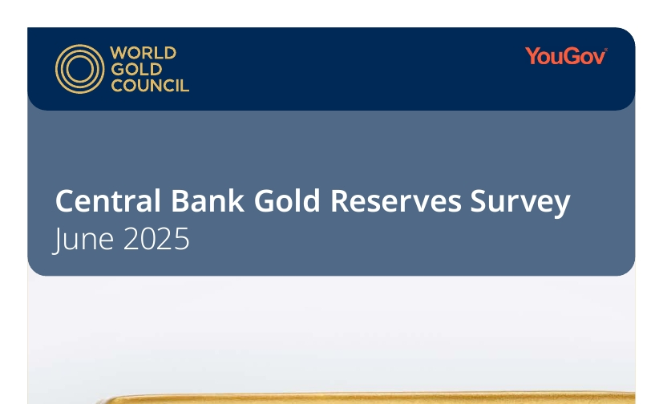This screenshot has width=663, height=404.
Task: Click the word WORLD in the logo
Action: (143, 53)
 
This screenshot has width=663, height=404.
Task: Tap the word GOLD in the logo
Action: (136, 69)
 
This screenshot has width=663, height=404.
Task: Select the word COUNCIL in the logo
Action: (150, 85)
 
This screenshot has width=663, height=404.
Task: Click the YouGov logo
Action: (566, 56)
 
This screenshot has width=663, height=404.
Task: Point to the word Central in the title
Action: (107, 201)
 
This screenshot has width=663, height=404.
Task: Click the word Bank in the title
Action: (207, 201)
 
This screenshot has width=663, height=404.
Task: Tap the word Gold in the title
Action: (287, 201)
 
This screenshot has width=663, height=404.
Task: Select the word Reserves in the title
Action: (395, 201)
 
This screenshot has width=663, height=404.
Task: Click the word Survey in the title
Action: (520, 204)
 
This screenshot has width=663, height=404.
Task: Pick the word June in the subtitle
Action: (83, 240)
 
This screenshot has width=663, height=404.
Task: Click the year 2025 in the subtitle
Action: (156, 239)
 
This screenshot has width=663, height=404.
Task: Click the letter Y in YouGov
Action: (533, 56)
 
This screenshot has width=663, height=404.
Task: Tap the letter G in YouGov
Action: (572, 56)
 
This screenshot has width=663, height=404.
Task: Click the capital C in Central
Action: (66, 201)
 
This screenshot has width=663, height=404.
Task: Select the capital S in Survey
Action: (479, 201)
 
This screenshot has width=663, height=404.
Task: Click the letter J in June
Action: (59, 240)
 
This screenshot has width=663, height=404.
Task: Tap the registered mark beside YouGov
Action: (605, 50)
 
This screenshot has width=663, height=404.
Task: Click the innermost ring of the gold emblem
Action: (79, 57)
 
